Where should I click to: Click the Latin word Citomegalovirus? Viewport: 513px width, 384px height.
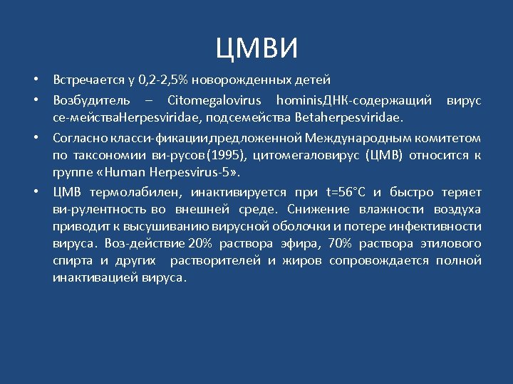pos(214,100)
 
